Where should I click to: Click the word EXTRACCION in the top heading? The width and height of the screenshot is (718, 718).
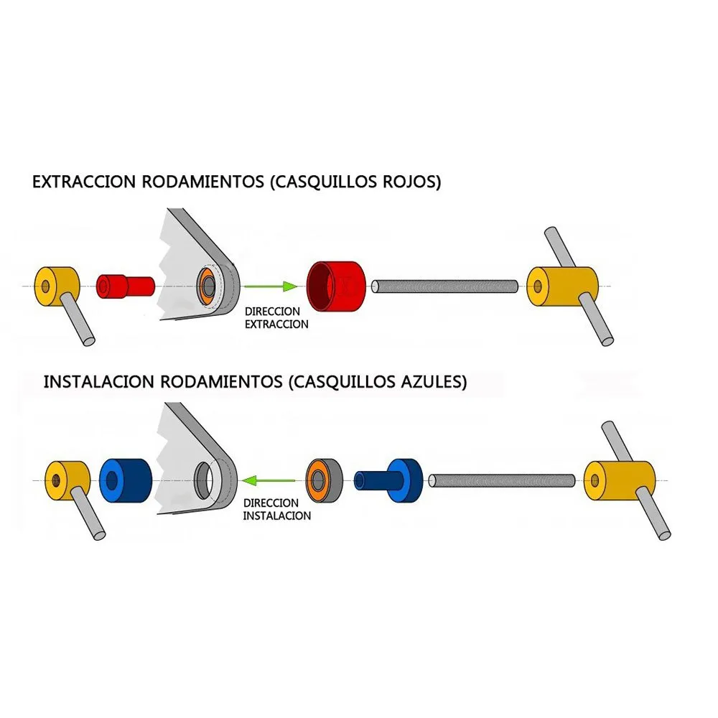pyautogui.click(x=83, y=182)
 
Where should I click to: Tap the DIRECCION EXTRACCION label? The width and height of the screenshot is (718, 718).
pyautogui.click(x=276, y=318)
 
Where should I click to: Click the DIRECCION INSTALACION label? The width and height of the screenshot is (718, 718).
pyautogui.click(x=276, y=509)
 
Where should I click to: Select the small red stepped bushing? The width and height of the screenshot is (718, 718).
pyautogui.click(x=125, y=286)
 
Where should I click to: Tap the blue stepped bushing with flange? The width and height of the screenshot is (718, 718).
pyautogui.click(x=389, y=480)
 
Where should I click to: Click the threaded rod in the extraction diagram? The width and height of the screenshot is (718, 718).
pyautogui.click(x=445, y=286)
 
